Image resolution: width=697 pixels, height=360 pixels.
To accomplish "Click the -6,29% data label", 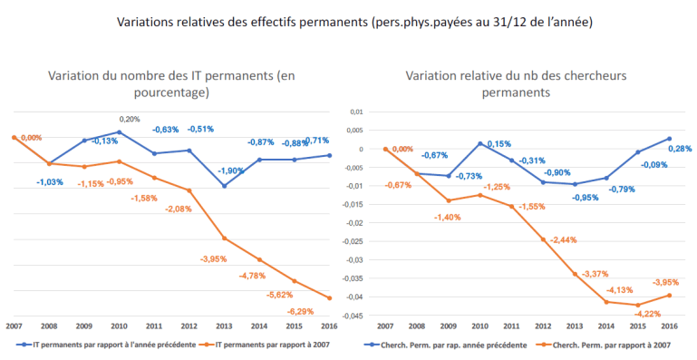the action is tap(300, 312).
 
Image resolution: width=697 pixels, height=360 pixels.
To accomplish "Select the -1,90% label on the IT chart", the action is tap(231, 170).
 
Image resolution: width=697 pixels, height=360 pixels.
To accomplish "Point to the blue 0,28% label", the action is tap(680, 149).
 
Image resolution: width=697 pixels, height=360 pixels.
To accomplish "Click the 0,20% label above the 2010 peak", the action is tap(130, 119).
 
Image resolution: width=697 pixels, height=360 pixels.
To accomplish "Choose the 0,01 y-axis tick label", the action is tap(356, 112).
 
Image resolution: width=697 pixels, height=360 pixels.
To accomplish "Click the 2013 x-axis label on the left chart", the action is tap(224, 326).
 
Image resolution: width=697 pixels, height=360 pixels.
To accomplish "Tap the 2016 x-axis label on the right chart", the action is tap(670, 326).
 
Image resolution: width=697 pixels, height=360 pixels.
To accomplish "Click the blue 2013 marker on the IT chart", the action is tap(225, 186).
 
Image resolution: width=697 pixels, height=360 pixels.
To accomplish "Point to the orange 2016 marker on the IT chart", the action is tap(329, 298).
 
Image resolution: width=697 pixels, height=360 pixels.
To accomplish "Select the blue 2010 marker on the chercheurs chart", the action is tap(480, 144).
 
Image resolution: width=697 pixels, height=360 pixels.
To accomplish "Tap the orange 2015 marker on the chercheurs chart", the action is tap(638, 306).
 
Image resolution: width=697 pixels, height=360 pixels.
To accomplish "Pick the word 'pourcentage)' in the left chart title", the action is tap(171, 93).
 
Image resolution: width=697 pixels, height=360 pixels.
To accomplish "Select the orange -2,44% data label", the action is tap(563, 240).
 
